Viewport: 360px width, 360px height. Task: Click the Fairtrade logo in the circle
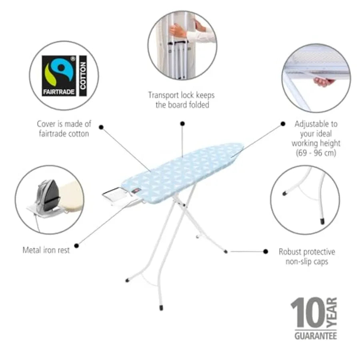[58, 76]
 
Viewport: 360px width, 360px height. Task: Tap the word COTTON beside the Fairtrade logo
[83, 76]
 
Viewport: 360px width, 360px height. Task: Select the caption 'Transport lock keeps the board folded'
[181, 100]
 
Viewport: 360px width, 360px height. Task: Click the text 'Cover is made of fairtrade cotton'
[64, 128]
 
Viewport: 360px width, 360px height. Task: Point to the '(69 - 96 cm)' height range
[316, 153]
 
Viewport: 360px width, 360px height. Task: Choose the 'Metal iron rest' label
[46, 250]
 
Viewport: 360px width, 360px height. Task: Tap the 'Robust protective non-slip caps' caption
[307, 256]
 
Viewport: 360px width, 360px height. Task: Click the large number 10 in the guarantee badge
[308, 312]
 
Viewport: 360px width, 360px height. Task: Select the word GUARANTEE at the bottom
[316, 336]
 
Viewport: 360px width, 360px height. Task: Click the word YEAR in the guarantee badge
[332, 312]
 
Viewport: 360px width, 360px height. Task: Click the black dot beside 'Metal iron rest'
[77, 246]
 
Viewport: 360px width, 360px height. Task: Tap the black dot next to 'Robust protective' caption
[266, 252]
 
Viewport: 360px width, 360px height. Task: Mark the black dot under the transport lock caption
[182, 124]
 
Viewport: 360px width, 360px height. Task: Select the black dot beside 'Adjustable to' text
[283, 124]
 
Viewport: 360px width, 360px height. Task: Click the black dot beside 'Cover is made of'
[101, 127]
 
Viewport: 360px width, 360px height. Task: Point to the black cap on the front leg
[161, 308]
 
